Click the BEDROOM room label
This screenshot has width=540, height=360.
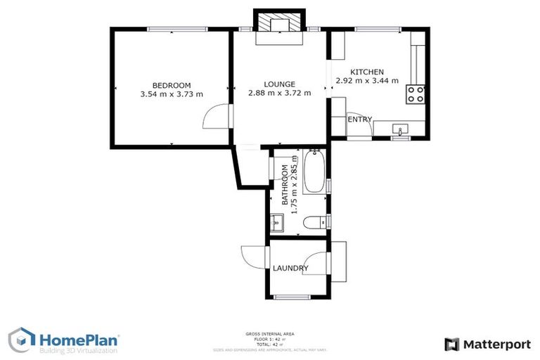(171, 86)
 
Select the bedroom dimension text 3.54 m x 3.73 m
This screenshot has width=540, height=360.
(171, 94)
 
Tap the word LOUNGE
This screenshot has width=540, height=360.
(279, 84)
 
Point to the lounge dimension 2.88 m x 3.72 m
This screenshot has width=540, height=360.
(279, 93)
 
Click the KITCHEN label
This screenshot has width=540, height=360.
(367, 72)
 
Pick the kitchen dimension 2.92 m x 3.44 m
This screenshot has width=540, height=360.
(367, 81)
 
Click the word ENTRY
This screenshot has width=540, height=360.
(360, 120)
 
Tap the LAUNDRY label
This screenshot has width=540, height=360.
(290, 269)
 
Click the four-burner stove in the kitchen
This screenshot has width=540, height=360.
(415, 94)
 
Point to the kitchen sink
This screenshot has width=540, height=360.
(401, 129)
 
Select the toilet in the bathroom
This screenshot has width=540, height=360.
(312, 222)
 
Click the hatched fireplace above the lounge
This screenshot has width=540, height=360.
(280, 25)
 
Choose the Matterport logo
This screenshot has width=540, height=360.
(487, 344)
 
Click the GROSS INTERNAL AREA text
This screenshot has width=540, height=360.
(270, 333)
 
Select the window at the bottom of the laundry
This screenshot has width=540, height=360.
(291, 297)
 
